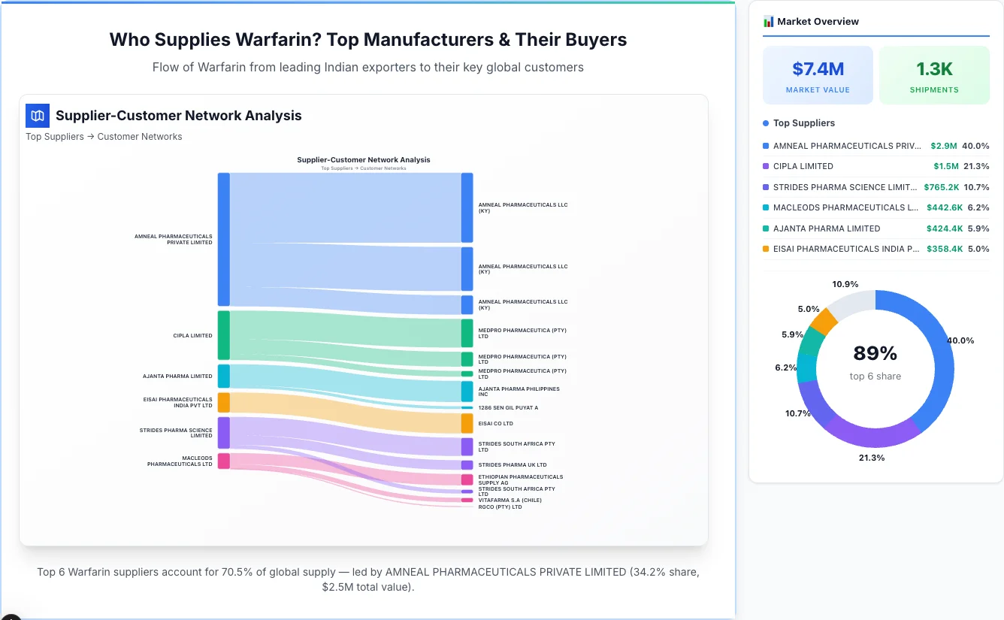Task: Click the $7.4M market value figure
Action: coord(818,69)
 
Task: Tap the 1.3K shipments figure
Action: coord(934,69)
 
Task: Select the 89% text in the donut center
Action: coord(875,353)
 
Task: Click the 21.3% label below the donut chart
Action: coord(872,458)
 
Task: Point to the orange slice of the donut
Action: coord(824,322)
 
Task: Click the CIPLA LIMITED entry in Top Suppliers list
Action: coord(803,166)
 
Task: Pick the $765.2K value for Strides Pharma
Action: coord(941,187)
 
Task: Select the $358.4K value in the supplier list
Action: coord(945,249)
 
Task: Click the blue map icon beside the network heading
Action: coord(37,116)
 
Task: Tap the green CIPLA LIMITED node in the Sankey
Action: coord(223,335)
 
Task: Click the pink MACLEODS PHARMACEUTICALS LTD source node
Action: coord(223,461)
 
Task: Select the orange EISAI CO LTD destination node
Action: coord(467,423)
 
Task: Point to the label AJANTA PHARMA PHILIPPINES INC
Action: coord(519,392)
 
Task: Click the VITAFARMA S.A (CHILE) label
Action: coord(510,500)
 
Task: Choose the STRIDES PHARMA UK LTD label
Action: coord(512,464)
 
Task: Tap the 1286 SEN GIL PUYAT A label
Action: coord(508,407)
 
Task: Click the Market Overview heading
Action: coord(818,22)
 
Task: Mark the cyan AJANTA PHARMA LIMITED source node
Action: coord(223,376)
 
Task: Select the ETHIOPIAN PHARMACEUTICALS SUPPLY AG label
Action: coord(520,479)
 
